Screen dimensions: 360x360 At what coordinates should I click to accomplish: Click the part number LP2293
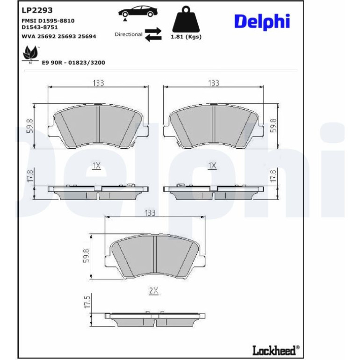pos(37,10)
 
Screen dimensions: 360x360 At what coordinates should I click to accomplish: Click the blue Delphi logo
pos(262,22)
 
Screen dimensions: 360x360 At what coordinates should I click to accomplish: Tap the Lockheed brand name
pos(274,350)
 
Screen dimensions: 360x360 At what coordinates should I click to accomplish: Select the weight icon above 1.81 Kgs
pos(186,19)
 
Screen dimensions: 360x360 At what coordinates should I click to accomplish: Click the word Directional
pos(129,35)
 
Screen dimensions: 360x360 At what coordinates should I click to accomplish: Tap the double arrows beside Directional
pos(153,35)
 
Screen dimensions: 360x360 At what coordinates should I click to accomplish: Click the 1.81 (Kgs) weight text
pos(186,37)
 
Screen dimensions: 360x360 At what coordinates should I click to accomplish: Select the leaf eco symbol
pos(30,54)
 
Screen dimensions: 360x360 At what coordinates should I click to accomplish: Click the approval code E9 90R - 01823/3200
pos(73,63)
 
